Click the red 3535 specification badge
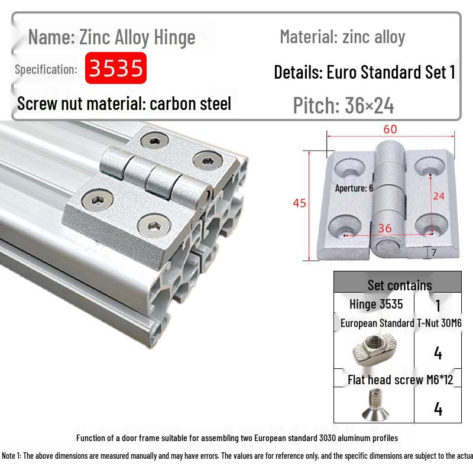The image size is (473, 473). point(116,68)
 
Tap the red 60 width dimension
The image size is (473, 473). point(390,129)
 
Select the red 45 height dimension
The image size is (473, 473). point(299,203)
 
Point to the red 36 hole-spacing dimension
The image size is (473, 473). point(385,228)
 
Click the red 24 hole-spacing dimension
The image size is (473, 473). point(439,196)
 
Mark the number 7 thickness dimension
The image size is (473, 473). point(434,252)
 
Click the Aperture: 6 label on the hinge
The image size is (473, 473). point(354,188)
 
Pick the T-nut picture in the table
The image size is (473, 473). point(375,350)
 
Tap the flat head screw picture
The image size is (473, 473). point(375,404)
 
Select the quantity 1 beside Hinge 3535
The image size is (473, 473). point(438,306)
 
